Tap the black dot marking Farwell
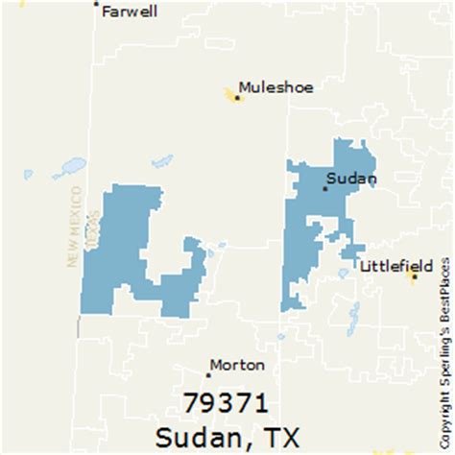(x=96, y=4)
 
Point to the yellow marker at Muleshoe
(x=236, y=96)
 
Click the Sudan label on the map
(x=350, y=178)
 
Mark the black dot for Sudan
(x=325, y=188)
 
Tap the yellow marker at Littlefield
(x=414, y=276)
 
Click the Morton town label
(x=237, y=365)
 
